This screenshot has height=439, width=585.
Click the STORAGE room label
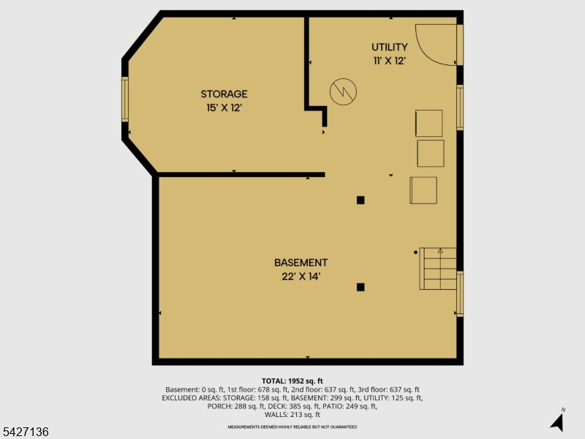pyautogui.click(x=224, y=94)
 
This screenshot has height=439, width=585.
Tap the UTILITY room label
pyautogui.click(x=390, y=47)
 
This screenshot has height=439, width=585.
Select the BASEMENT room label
pyautogui.click(x=301, y=263)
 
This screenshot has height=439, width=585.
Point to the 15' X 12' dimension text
pyautogui.click(x=224, y=108)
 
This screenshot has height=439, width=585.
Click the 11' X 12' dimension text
pyautogui.click(x=390, y=61)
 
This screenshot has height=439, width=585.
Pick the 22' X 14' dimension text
pyautogui.click(x=301, y=277)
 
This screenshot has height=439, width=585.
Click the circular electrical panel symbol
pyautogui.click(x=343, y=92)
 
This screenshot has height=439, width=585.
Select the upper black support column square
pyautogui.click(x=361, y=200)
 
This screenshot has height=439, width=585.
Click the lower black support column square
pyautogui.click(x=361, y=287)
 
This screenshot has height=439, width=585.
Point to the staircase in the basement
pyautogui.click(x=438, y=269)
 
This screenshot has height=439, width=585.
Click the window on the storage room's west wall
pyautogui.click(x=125, y=100)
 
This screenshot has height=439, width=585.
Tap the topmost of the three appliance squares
pyautogui.click(x=429, y=123)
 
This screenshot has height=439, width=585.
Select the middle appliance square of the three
pyautogui.click(x=431, y=154)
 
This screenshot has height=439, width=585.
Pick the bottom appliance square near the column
pyautogui.click(x=423, y=190)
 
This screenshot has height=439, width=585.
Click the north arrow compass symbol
pyautogui.click(x=558, y=421)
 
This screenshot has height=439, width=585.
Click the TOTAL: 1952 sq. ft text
pyautogui.click(x=292, y=381)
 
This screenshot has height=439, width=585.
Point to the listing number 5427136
pyautogui.click(x=25, y=432)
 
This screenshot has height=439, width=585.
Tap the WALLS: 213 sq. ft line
pyautogui.click(x=292, y=415)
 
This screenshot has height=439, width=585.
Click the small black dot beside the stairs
pyautogui.click(x=415, y=252)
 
